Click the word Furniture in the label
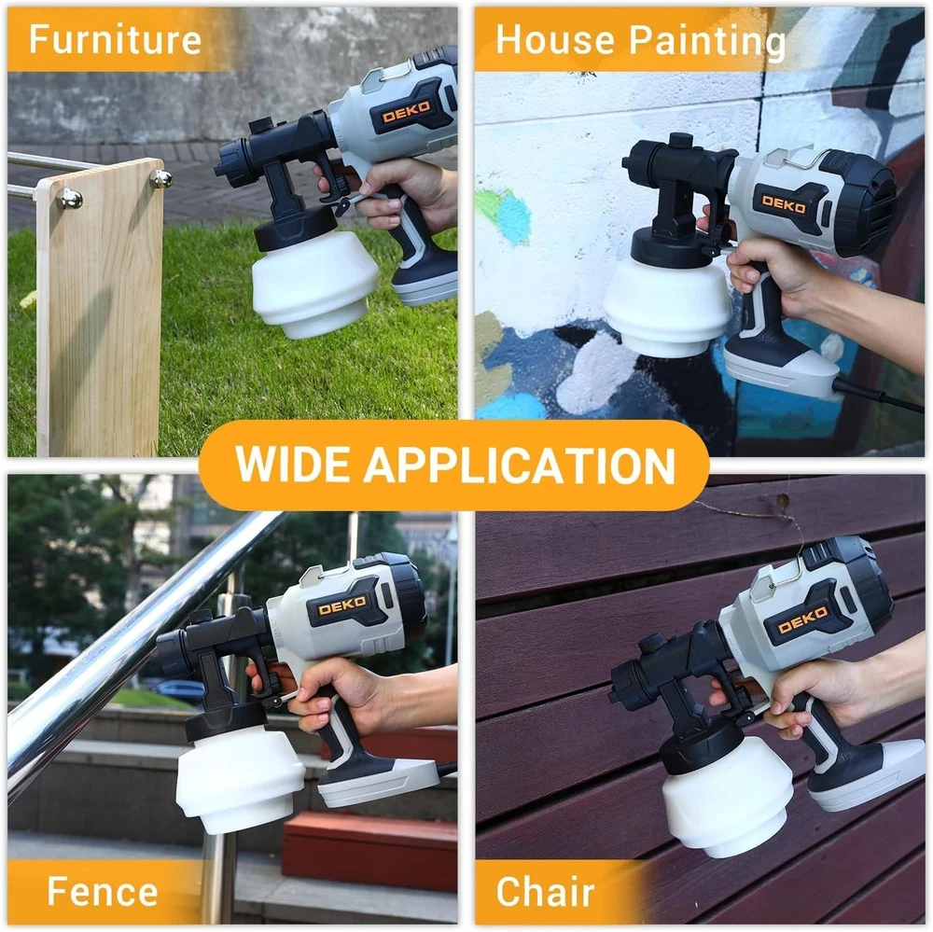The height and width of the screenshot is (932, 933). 115,39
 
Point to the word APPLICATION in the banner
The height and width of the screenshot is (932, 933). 520,465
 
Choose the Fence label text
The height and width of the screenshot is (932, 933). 103,891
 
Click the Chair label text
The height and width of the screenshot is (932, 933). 545,891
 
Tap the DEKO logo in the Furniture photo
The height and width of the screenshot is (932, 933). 406,111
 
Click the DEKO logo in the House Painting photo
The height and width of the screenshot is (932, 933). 784,204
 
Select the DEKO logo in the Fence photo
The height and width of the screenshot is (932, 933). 342,607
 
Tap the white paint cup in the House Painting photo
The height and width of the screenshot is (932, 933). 667,308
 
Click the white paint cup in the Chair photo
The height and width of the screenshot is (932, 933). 727,795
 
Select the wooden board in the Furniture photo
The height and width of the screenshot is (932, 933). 100,310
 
